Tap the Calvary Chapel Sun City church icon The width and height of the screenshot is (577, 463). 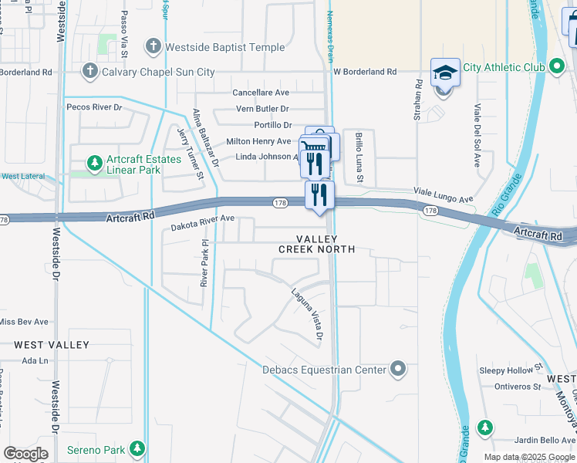point(90,72)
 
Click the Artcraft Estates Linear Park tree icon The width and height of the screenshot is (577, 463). point(94,163)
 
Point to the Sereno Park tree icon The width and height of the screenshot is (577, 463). point(137,448)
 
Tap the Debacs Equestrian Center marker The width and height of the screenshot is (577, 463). point(397,370)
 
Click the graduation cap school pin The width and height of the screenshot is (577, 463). point(445,74)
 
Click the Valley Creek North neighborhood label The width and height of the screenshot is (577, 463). point(316,244)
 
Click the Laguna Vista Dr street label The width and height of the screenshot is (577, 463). point(306,314)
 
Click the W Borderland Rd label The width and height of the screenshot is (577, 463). point(364,72)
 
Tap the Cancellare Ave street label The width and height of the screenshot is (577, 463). point(261,92)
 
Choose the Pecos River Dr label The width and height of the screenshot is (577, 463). point(94,106)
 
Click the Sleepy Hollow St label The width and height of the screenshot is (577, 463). point(511,370)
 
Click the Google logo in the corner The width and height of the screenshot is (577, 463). point(25,454)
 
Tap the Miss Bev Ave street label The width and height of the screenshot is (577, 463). point(24,322)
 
